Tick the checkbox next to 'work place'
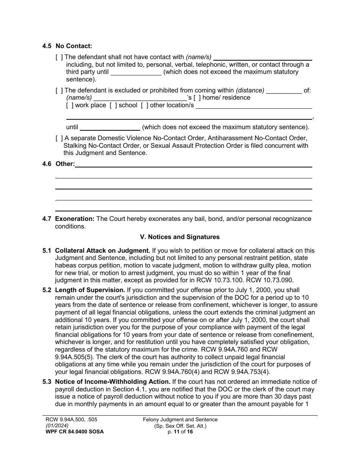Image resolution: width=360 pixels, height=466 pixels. click(x=69, y=105)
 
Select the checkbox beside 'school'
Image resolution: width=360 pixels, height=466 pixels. click(x=113, y=105)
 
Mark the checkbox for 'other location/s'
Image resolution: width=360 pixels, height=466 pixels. click(x=144, y=105)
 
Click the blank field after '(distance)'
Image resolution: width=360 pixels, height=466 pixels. click(x=284, y=91)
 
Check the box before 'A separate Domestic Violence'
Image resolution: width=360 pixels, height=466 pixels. click(x=59, y=138)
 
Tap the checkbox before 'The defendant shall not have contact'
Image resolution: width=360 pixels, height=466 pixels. click(x=59, y=57)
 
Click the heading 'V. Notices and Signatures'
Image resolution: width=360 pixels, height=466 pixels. click(x=180, y=237)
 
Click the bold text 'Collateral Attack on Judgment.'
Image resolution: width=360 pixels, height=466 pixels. click(x=103, y=251)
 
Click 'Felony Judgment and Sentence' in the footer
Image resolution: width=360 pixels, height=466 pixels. click(x=180, y=420)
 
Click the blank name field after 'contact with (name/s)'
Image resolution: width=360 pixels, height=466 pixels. click(x=263, y=57)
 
